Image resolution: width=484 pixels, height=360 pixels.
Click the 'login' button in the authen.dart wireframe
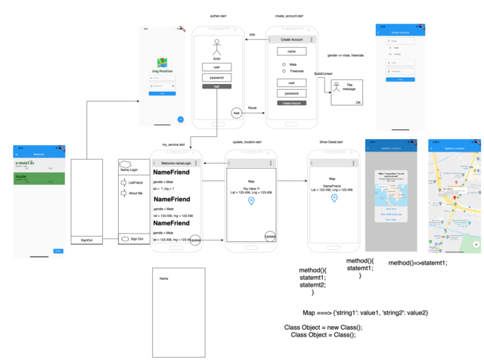click(216, 87)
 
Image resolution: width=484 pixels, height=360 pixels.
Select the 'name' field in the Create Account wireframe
click(291, 51)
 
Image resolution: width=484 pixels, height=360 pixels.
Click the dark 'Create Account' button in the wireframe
click(291, 102)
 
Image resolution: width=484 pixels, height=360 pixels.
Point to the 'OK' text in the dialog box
click(358, 101)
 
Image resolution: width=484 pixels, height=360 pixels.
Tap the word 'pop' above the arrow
click(252, 34)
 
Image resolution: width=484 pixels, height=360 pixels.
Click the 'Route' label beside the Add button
click(253, 108)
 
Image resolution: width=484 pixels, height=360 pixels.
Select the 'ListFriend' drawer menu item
click(135, 182)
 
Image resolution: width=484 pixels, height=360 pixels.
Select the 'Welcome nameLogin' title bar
click(175, 163)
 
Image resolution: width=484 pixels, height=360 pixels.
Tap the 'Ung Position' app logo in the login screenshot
click(162, 63)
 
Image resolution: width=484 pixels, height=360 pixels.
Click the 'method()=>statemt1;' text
click(417, 262)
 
